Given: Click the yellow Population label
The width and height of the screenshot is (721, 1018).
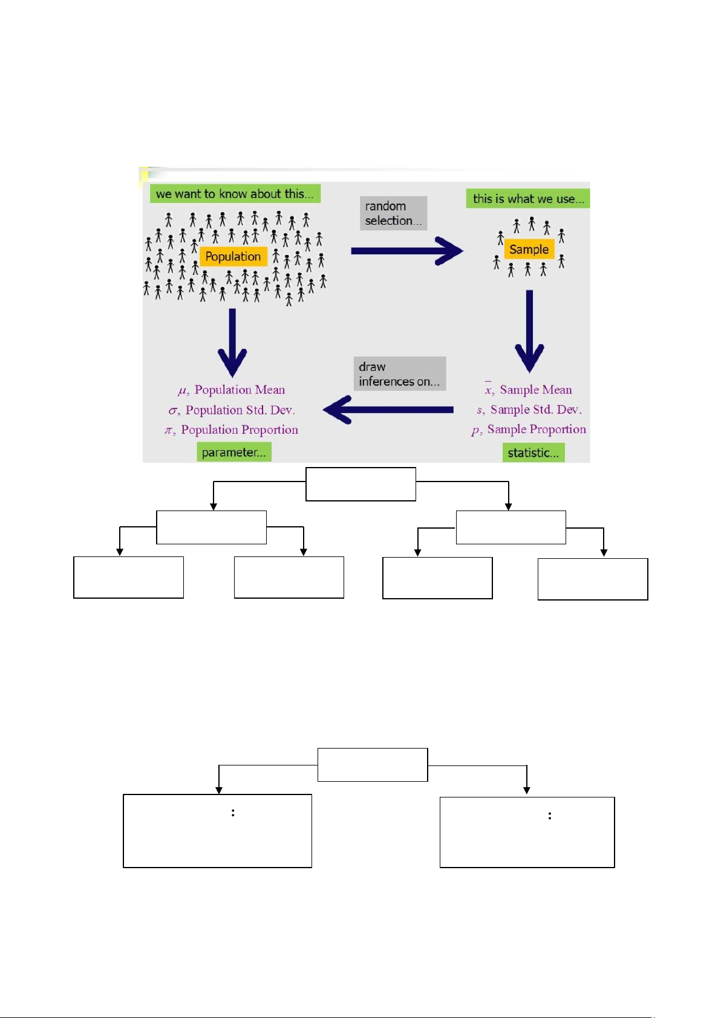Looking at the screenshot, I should click(x=233, y=256).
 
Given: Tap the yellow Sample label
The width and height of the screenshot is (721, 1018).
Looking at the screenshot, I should click(x=529, y=249).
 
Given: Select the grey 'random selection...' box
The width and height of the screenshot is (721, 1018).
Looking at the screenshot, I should click(x=393, y=213).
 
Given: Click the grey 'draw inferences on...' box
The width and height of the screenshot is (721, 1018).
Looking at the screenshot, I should click(x=399, y=374).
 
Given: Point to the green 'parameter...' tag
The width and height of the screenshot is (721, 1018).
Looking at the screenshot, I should click(x=233, y=452).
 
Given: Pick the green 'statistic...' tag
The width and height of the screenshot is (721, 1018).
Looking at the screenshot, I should click(x=533, y=453).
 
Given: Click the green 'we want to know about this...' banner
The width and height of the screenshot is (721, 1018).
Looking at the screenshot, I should click(x=235, y=194).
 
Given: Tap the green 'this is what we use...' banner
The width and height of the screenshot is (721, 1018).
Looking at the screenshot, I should click(x=528, y=199).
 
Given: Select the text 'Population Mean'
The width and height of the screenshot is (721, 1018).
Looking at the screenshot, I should click(x=240, y=390).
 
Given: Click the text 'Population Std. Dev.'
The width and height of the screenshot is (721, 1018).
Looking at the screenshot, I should click(x=240, y=410).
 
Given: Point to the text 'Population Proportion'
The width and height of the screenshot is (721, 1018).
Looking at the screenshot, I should click(x=240, y=430).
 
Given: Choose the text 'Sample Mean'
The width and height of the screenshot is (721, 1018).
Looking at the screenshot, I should click(x=535, y=390).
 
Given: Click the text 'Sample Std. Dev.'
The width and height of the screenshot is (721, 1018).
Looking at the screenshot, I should click(x=536, y=410).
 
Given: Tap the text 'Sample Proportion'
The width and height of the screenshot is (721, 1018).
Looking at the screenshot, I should click(x=537, y=429).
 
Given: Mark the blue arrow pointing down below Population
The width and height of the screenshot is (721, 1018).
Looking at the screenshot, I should click(x=232, y=341).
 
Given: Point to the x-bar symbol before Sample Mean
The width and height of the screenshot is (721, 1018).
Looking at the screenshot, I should click(x=489, y=390).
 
